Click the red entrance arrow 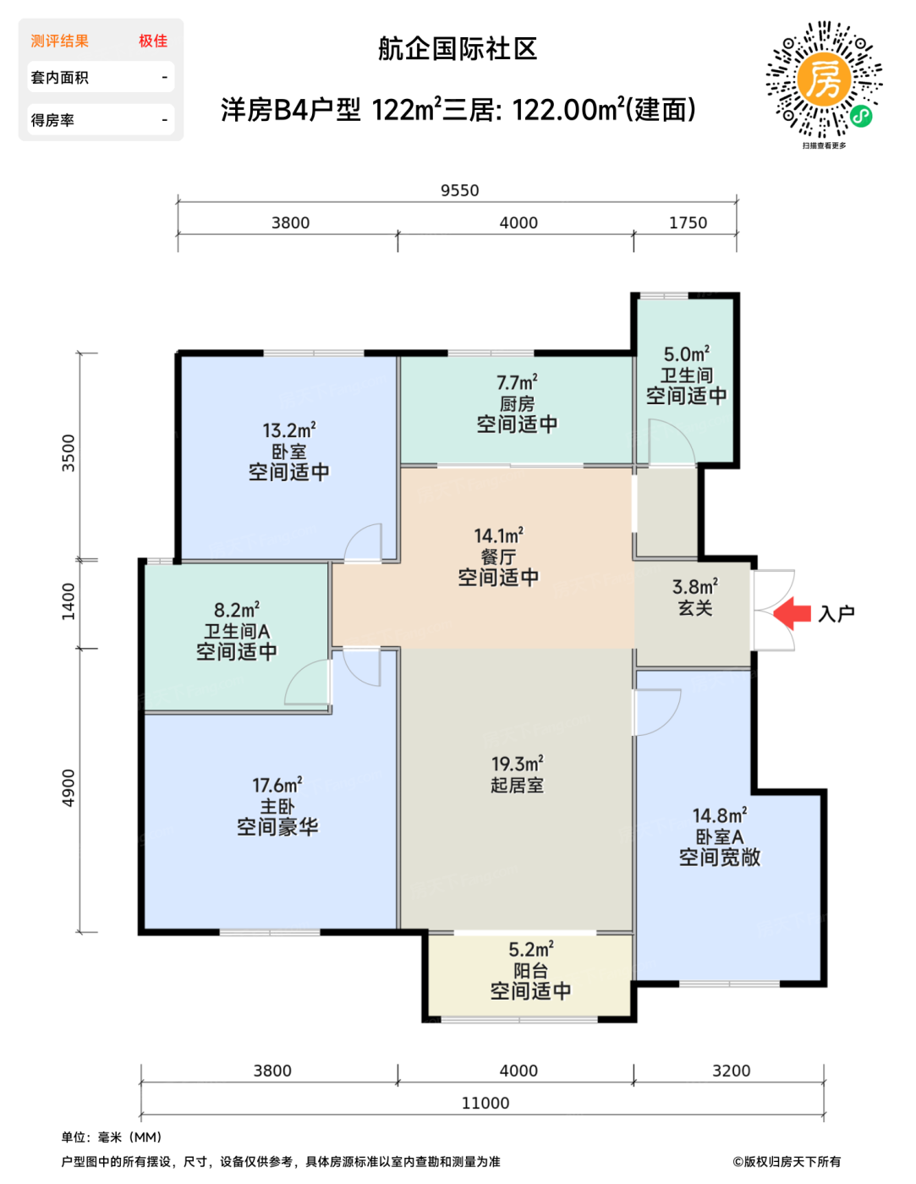coord(792,613)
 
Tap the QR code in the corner coord(823,79)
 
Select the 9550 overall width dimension coord(459,190)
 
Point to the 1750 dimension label coord(688,222)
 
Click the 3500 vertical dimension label coord(69,452)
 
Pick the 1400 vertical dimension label coord(69,601)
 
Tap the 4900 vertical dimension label coord(69,788)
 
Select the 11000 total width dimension coord(485,1103)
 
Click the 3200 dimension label coord(732,1071)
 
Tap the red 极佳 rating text coord(152,41)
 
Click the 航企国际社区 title coord(458,49)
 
